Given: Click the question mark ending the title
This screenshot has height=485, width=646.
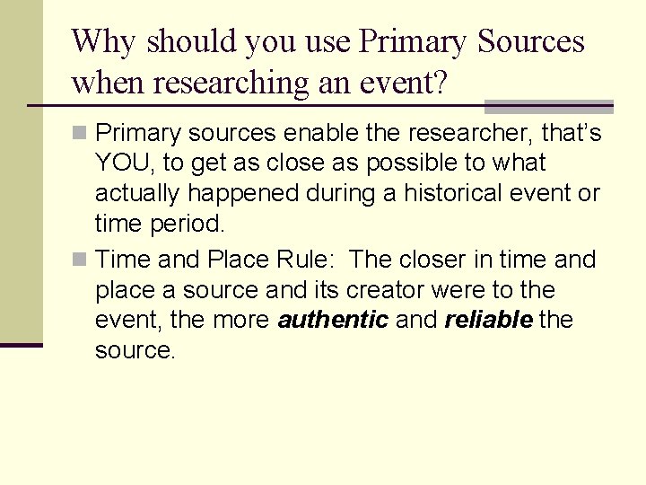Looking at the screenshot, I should tap(439, 83).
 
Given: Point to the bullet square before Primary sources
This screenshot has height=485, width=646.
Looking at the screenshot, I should tap(81, 134).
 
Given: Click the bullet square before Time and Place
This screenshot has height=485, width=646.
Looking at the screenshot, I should tap(81, 260).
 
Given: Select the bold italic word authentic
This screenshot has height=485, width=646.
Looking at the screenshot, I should tap(333, 321).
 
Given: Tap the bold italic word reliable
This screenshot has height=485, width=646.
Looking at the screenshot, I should tap(489, 321).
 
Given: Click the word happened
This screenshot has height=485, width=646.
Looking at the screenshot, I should tap(237, 194).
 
